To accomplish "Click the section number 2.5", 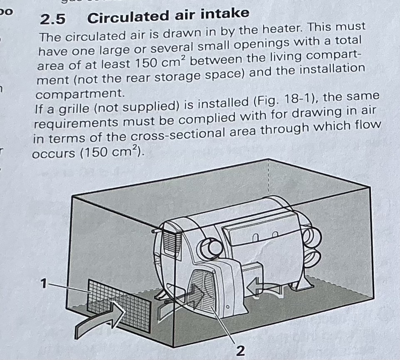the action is point(52,19).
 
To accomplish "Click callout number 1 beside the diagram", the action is point(44,283).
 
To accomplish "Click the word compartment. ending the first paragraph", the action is point(80,94).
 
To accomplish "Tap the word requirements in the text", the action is point(76,123).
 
